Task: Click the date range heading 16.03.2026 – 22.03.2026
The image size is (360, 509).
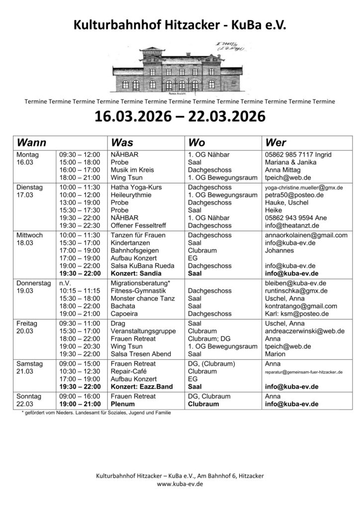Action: click(180, 118)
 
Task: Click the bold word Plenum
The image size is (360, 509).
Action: click(123, 404)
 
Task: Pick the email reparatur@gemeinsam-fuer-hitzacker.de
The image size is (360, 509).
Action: click(304, 371)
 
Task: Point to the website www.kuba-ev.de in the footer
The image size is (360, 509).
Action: click(180, 484)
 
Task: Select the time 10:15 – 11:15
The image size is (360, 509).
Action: click(80, 290)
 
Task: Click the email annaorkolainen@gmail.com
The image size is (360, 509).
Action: click(306, 235)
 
